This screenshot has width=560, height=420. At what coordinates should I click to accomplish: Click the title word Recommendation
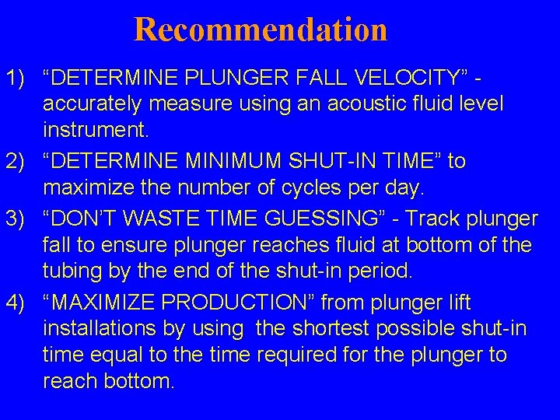261,30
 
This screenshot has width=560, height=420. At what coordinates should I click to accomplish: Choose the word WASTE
178,219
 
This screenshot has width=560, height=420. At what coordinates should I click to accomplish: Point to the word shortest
327,328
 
